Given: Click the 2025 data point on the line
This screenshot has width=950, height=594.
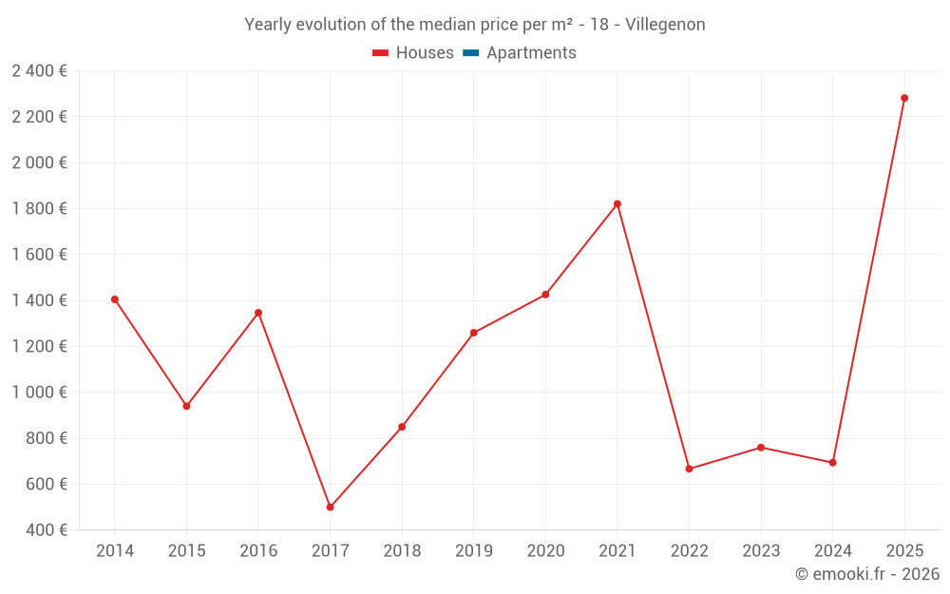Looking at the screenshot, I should click(904, 98).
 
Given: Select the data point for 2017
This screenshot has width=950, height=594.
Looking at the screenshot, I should click(330, 508).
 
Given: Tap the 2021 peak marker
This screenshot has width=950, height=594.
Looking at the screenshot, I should click(617, 204).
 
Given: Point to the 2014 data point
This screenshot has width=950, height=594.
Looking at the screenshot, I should click(115, 299).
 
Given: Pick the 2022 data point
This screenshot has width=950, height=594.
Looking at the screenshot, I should click(689, 469).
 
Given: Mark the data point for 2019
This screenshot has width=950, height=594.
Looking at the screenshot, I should click(474, 333).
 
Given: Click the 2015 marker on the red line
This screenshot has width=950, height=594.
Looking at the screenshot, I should click(186, 406).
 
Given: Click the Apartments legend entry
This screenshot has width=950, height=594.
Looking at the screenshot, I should click(531, 53).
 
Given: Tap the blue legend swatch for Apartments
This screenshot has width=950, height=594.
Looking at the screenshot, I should click(470, 53).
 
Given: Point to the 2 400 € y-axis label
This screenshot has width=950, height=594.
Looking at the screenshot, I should click(39, 70).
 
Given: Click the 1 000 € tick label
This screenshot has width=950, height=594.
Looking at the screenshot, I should click(39, 393).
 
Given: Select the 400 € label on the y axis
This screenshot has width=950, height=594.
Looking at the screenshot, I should click(45, 530).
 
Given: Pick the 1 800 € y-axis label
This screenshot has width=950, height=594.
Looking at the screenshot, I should click(39, 208).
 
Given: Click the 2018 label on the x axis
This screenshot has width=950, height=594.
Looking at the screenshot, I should click(402, 551).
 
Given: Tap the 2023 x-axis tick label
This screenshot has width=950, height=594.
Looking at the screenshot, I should click(761, 551).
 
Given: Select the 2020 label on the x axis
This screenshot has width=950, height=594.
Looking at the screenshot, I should click(545, 551).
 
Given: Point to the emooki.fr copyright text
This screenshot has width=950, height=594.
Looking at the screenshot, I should click(866, 574).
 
